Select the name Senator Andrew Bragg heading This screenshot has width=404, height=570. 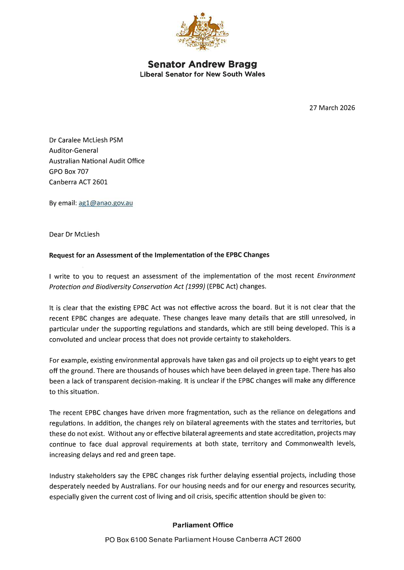202,64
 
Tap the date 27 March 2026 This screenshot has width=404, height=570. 332,108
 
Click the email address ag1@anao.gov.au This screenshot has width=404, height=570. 106,203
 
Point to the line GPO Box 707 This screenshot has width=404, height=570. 69,171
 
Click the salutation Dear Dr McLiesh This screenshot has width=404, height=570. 74,234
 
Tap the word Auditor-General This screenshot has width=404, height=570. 74,151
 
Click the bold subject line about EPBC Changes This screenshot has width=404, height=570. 159,255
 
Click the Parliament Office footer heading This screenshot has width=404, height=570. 203,525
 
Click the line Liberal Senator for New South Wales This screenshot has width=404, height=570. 202,74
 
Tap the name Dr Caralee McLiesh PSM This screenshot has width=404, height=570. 86,140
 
